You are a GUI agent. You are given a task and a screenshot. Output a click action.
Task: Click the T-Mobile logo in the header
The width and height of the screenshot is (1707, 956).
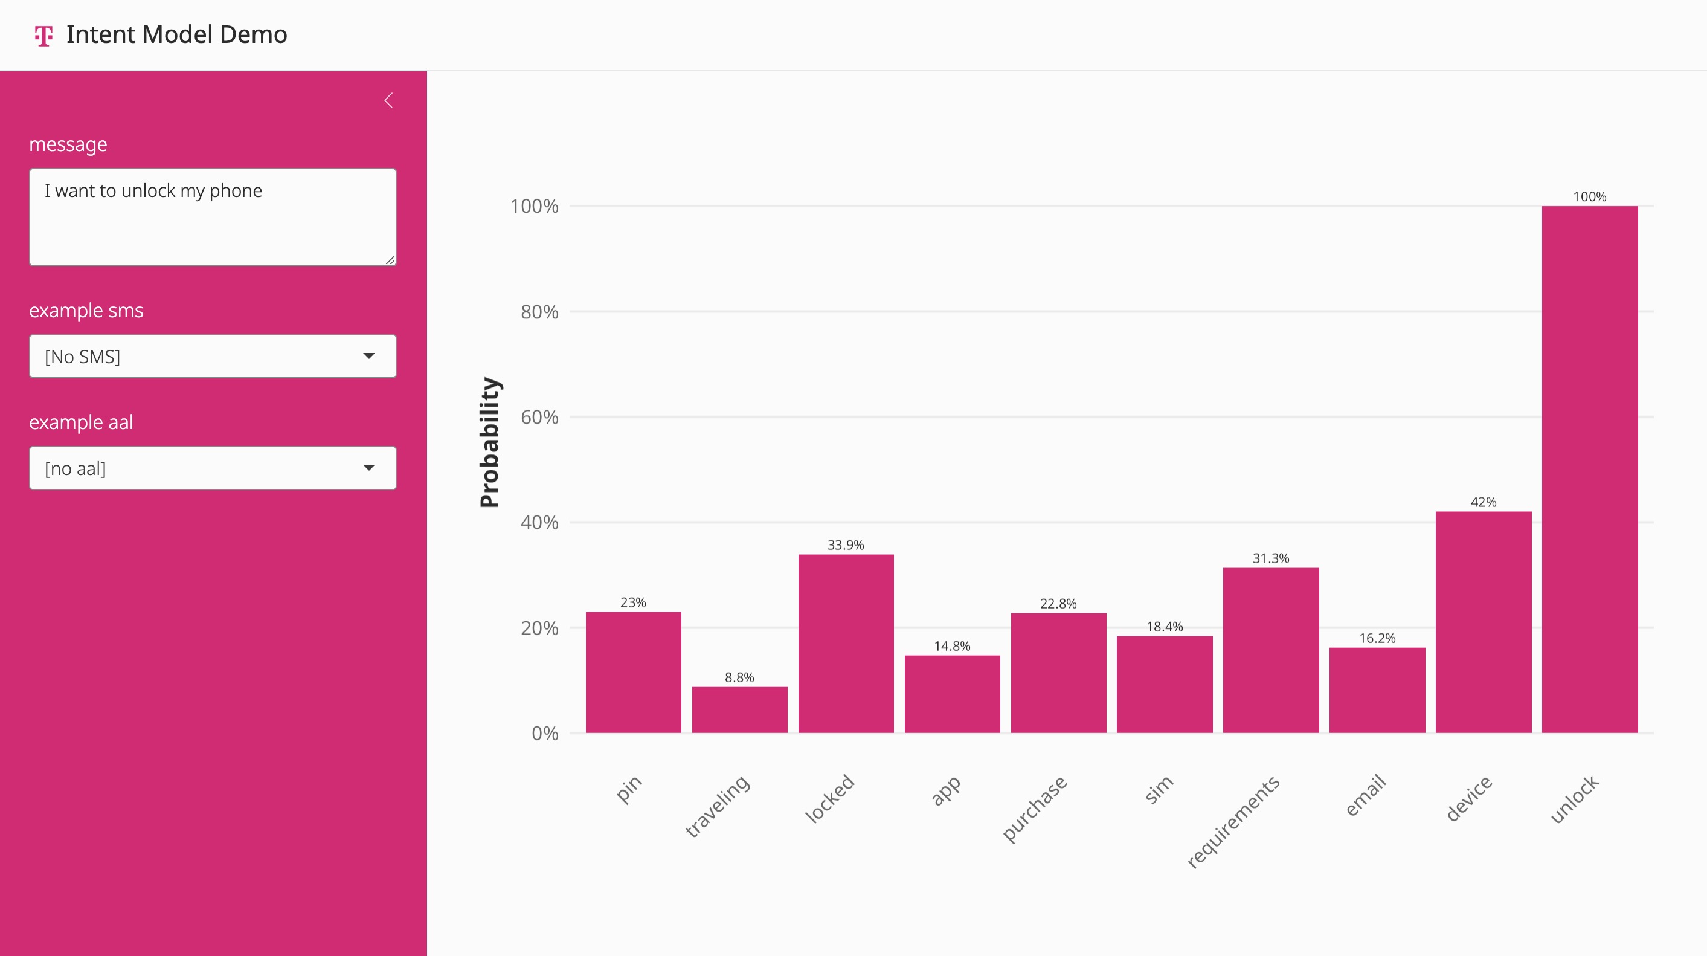(43, 35)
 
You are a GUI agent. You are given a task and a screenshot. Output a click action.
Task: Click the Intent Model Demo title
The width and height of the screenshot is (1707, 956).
(176, 34)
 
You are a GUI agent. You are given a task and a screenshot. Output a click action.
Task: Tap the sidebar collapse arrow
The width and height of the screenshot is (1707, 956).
(389, 101)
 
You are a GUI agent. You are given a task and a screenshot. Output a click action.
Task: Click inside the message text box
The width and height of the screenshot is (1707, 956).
(213, 217)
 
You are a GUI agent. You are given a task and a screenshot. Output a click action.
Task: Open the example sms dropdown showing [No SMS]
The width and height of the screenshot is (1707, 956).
(213, 357)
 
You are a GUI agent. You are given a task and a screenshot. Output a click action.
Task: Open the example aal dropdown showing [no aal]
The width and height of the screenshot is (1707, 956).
(213, 469)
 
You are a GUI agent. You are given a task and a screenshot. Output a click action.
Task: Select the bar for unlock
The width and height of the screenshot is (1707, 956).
(1589, 470)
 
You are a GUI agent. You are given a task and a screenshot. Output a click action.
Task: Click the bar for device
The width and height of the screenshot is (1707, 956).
(1483, 622)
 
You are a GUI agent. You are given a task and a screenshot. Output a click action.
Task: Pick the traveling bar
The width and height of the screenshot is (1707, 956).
(739, 709)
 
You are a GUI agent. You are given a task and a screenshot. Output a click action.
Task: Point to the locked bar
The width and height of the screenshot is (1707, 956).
(846, 643)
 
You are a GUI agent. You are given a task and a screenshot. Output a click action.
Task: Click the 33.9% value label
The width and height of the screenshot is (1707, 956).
(846, 545)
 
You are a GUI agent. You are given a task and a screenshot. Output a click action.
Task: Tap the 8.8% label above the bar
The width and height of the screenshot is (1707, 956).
(739, 677)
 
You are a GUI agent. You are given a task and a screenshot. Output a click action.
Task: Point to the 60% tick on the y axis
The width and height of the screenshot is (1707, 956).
(539, 417)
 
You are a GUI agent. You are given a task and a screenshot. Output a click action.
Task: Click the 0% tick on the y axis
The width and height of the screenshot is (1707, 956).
(545, 733)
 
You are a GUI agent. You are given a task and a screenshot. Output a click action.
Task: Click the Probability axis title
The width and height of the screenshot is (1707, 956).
(489, 442)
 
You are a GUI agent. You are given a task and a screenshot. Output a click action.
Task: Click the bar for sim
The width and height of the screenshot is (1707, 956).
(1165, 684)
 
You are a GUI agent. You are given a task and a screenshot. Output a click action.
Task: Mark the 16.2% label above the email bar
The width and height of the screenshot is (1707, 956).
(1377, 638)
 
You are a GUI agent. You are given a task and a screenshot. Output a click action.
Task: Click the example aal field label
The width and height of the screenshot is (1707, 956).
(81, 422)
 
